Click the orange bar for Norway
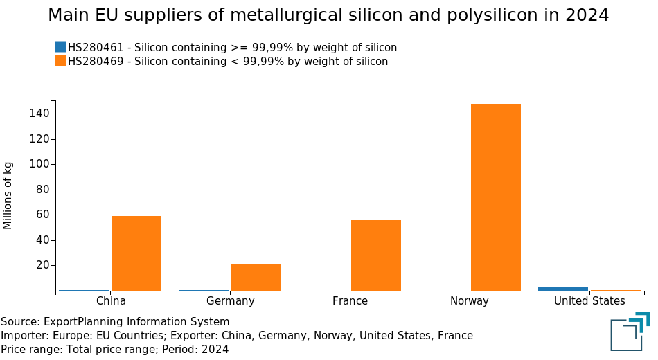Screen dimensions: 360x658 click(495, 197)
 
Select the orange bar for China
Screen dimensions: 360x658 click(136, 253)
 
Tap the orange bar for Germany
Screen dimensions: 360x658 click(256, 278)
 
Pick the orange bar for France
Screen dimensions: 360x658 click(376, 255)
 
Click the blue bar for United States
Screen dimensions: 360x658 click(563, 289)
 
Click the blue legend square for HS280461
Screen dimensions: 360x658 click(60, 47)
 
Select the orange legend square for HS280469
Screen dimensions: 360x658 click(60, 61)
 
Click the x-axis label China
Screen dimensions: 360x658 click(111, 301)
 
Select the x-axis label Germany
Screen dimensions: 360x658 click(231, 301)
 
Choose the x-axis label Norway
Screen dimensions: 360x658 click(470, 301)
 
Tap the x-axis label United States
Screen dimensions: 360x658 click(589, 301)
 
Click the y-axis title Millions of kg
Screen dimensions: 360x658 click(8, 195)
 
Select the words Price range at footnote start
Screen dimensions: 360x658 click(30, 350)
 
